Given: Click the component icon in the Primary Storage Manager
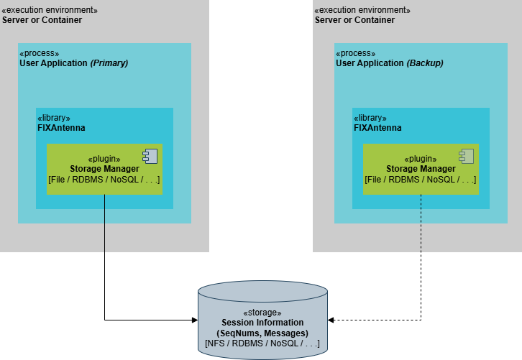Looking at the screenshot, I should point(150,156).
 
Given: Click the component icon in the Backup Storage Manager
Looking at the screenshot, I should point(467,156).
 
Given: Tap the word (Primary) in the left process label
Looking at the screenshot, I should point(109,63).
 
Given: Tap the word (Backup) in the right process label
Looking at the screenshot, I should point(425,63).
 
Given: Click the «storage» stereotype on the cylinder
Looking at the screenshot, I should point(262,313).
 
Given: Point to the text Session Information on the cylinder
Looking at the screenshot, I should point(262,323).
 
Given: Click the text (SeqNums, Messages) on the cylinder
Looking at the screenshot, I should point(262,333).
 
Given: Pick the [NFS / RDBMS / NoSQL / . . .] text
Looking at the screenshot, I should point(262,343).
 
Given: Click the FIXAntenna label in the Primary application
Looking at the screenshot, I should point(61,128).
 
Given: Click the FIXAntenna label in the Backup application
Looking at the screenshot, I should point(377,128).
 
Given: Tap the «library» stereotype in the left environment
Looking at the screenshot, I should point(54,118).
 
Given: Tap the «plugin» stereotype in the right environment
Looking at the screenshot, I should point(421,159).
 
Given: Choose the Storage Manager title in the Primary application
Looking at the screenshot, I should point(104,169).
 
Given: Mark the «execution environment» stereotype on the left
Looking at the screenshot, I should point(50,10).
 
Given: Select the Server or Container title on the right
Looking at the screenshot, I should point(354,20).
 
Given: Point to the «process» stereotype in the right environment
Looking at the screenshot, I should point(356,53).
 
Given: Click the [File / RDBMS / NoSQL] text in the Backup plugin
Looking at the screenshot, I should point(421,180).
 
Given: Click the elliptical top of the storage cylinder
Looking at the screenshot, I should point(262,292).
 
